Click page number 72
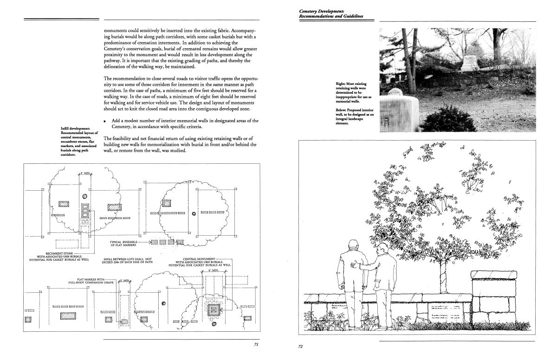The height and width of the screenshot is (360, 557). pos(300,346)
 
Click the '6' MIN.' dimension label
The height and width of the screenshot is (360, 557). pos(213,269)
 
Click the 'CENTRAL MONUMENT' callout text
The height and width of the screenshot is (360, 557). pos(200,258)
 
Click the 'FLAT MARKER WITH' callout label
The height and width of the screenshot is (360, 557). pos(92,279)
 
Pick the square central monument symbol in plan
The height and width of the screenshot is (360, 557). pos(214,309)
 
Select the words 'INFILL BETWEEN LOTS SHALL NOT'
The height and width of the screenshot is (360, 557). pos(127,259)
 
